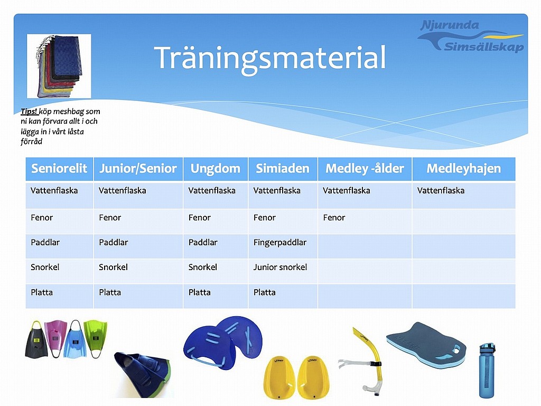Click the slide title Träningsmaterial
coord(270,59)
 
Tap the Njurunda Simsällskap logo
coord(471,36)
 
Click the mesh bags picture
coord(59,66)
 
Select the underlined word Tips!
coord(29,111)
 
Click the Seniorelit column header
coord(59,169)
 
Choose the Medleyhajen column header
coord(464,169)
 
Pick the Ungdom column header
coord(216,169)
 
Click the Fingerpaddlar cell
coord(280,242)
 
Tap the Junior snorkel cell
coord(280,267)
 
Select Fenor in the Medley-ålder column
coord(334,217)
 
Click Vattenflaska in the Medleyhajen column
coord(441,190)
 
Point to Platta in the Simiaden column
coord(264,292)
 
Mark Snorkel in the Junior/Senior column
coord(113,267)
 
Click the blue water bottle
coord(487,371)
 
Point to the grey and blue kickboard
coord(426,345)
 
